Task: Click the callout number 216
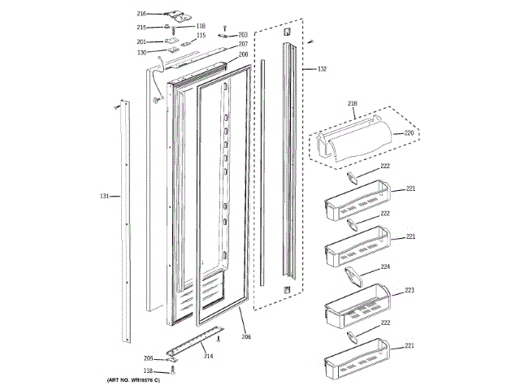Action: coord(141,14)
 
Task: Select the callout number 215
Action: coord(141,27)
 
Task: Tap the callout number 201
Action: coord(141,41)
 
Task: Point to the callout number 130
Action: coord(141,53)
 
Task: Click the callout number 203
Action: coord(243,35)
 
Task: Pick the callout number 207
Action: coord(243,44)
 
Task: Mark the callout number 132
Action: coord(322,70)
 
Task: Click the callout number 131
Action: coord(104,196)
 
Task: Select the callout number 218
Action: coord(353,103)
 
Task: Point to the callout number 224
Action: coord(385,266)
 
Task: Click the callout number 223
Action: coord(409,290)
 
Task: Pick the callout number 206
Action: coord(246,336)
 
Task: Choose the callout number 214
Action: coord(209,356)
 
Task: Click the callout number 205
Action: coord(148,358)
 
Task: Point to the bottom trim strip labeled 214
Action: coord(195,342)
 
